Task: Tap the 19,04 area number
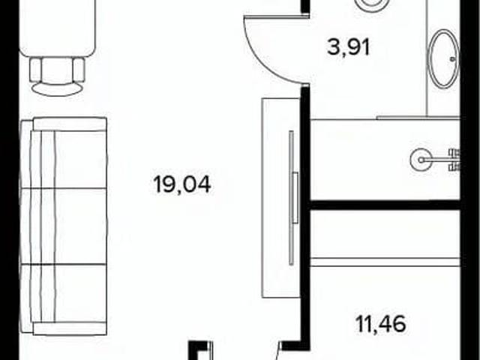coord(182,184)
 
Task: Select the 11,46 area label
coord(381,323)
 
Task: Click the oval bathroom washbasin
coord(443,58)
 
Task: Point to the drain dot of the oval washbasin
coord(453,59)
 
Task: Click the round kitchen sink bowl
coord(421,160)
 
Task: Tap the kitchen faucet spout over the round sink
coord(436,160)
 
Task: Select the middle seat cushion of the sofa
coord(80,226)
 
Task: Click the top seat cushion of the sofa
coord(80,159)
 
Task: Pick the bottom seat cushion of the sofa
coord(80,292)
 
